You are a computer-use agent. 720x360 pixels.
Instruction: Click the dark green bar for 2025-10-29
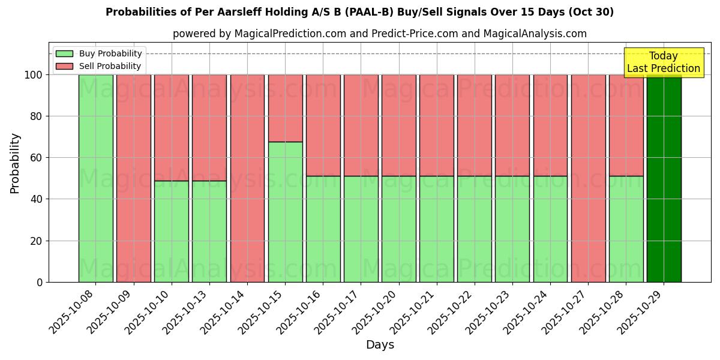pyautogui.click(x=664, y=178)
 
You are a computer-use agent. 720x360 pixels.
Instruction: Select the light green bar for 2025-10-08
pyautogui.click(x=95, y=178)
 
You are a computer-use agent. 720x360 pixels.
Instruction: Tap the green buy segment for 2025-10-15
pyautogui.click(x=285, y=212)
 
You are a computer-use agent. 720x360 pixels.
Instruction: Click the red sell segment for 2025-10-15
pyautogui.click(x=285, y=108)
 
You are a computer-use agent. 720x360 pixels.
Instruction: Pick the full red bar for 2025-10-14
pyautogui.click(x=247, y=178)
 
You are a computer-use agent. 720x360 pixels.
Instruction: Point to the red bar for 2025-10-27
pyautogui.click(x=588, y=178)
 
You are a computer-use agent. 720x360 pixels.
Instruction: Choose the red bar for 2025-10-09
pyautogui.click(x=133, y=178)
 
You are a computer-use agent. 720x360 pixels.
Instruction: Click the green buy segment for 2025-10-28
pyautogui.click(x=626, y=229)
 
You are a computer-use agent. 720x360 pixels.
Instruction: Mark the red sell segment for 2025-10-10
pyautogui.click(x=172, y=127)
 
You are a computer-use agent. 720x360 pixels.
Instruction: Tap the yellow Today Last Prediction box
pyautogui.click(x=664, y=62)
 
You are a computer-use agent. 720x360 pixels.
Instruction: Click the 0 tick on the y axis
pyautogui.click(x=40, y=282)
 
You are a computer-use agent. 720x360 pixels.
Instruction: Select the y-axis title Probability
pyautogui.click(x=15, y=163)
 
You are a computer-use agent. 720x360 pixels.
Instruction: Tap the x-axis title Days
pyautogui.click(x=380, y=345)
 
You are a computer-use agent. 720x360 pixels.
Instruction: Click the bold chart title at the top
pyautogui.click(x=359, y=12)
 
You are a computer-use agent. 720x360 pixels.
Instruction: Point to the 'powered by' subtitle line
pyautogui.click(x=379, y=34)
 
